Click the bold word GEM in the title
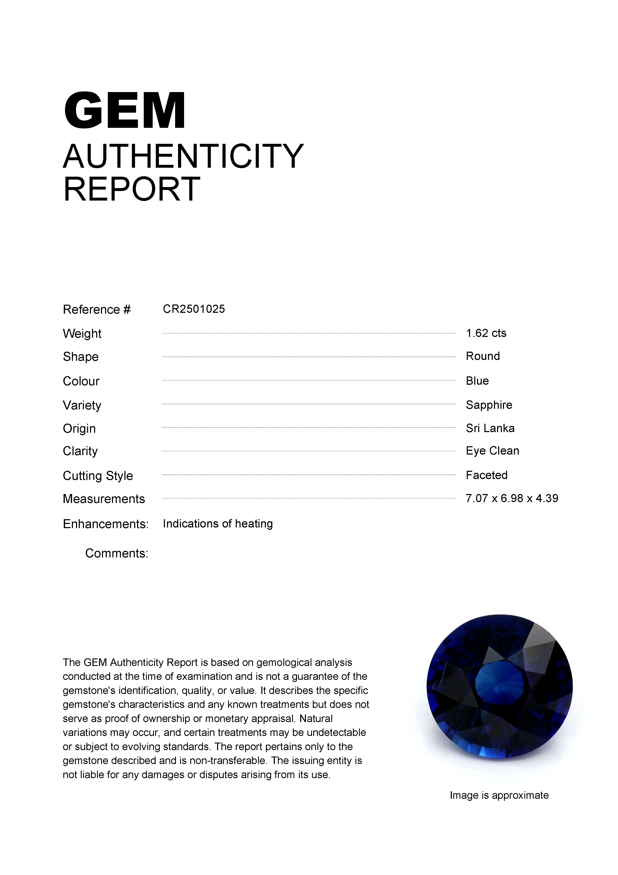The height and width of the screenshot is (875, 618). pos(125,111)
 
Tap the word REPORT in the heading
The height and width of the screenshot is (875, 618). pos(131,189)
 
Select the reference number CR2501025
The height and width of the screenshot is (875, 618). pos(194,309)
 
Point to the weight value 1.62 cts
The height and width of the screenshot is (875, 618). pos(486,333)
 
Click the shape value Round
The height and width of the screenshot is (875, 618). pos(483,356)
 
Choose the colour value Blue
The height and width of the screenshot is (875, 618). pos(477,381)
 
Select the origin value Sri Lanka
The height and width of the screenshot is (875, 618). pos(490,428)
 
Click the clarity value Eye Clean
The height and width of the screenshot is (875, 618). pos(492,451)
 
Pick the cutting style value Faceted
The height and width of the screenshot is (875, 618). pos(487,475)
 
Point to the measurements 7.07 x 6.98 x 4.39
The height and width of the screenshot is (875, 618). pos(512,498)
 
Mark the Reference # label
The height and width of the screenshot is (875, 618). pos(97,309)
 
